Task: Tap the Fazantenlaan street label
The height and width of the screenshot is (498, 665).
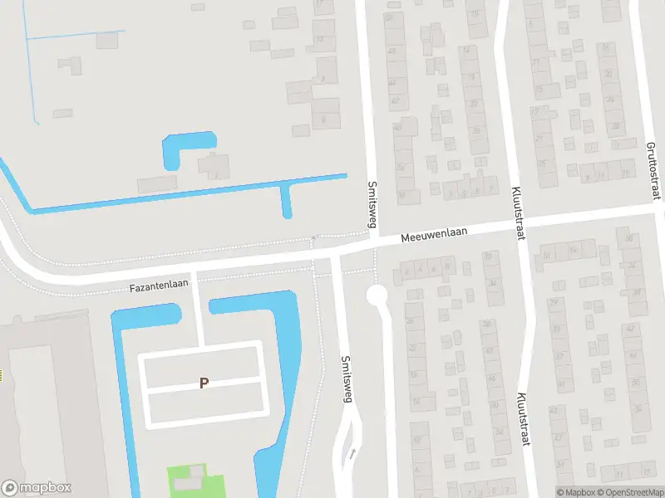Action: click(159, 285)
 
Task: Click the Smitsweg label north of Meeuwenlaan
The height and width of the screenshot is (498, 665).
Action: click(372, 203)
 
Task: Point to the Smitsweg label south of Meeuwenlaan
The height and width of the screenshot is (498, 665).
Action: click(347, 379)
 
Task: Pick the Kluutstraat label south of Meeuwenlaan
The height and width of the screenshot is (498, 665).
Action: click(524, 419)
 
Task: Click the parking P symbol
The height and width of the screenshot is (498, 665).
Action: click(204, 383)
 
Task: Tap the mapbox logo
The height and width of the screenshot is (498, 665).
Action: click(37, 488)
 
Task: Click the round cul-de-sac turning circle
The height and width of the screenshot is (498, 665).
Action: click(377, 295)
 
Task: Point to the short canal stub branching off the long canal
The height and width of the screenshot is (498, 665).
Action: click(287, 202)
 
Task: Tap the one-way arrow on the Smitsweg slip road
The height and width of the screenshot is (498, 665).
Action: click(352, 454)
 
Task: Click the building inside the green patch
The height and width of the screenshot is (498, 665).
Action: click(196, 474)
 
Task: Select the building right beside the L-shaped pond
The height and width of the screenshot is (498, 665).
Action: click(214, 164)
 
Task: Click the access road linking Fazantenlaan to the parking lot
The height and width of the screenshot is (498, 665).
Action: click(199, 309)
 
